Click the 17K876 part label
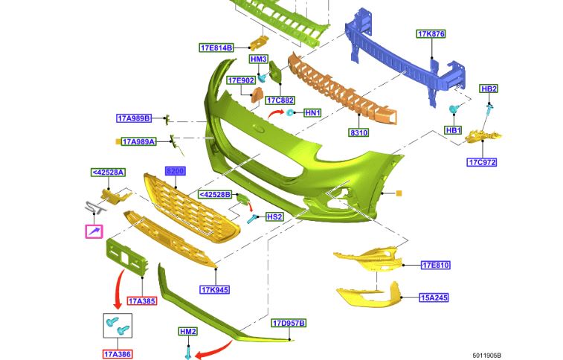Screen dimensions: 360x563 tap(431, 34)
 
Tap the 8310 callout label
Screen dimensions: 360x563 tap(359, 133)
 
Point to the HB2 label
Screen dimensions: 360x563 tap(489, 89)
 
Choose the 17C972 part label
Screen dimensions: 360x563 tap(481, 162)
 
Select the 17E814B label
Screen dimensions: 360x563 tap(216, 48)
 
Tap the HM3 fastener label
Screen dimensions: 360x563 tap(258, 59)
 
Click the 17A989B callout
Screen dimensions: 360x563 tap(134, 118)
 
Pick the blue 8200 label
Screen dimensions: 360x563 tap(175, 170)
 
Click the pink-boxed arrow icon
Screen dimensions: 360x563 tap(94, 232)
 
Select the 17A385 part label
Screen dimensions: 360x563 tap(141, 301)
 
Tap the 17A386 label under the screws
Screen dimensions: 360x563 tap(117, 355)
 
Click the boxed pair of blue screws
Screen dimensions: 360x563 tap(117, 326)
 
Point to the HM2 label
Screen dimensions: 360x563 tap(187, 331)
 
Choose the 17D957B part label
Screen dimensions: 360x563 tap(289, 324)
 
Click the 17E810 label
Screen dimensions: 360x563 tap(435, 265)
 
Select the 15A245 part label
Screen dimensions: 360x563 tap(434, 298)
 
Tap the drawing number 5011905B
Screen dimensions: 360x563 tap(486, 356)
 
